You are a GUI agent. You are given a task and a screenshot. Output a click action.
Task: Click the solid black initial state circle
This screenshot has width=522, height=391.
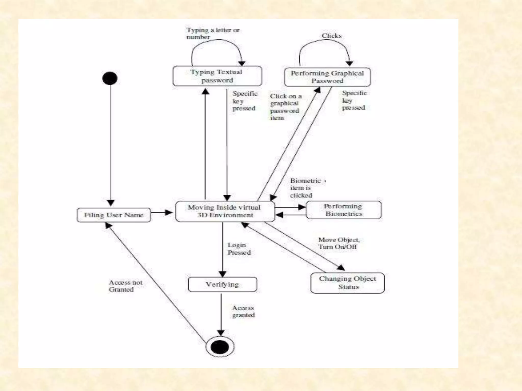click(x=110, y=78)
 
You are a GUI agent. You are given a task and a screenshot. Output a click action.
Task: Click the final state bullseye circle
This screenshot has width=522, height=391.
click(x=220, y=347)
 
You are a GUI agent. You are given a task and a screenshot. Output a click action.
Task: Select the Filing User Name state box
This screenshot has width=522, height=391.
click(x=114, y=215)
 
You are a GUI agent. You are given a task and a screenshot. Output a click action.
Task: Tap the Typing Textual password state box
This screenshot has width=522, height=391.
click(x=217, y=76)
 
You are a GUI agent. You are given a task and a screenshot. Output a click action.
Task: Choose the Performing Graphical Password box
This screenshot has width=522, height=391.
click(x=327, y=77)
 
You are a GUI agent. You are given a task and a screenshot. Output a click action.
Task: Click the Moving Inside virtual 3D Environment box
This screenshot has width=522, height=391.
click(x=225, y=211)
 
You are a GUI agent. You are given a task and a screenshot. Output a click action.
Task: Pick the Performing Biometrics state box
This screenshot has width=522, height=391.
click(x=344, y=210)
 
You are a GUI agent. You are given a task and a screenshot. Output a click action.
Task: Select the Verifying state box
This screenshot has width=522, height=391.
click(x=222, y=284)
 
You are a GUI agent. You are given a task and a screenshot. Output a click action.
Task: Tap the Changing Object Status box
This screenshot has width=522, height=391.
click(x=347, y=283)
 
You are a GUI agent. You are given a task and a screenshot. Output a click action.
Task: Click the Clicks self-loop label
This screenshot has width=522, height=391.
click(x=332, y=36)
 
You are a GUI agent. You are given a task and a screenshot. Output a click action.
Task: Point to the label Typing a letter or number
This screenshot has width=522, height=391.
click(x=213, y=33)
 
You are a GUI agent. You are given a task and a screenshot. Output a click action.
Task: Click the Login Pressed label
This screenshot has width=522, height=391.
click(x=239, y=249)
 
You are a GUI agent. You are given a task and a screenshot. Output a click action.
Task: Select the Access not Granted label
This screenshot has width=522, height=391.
click(x=125, y=286)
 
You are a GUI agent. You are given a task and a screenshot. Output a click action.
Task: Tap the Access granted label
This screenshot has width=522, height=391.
click(x=243, y=311)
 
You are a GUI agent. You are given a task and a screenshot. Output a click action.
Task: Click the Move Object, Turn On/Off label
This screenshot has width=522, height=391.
click(x=339, y=243)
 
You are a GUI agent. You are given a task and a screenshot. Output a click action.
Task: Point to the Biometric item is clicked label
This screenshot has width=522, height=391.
click(x=305, y=188)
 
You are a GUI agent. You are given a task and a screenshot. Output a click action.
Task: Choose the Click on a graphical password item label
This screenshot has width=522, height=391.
click(x=285, y=107)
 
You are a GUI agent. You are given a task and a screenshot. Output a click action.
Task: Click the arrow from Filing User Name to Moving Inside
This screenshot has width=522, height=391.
click(x=162, y=213)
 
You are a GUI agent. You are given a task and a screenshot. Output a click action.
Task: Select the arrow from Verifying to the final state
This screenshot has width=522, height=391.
click(x=221, y=314)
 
